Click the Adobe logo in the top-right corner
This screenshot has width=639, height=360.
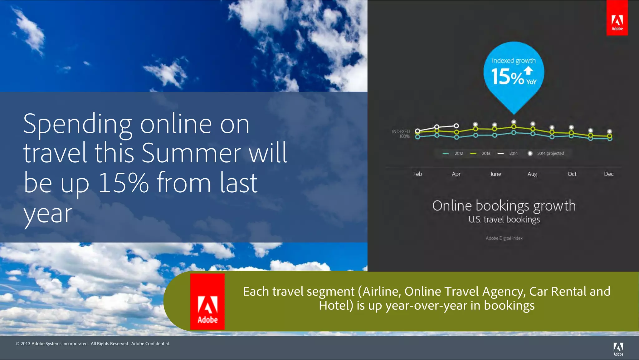(x=617, y=18)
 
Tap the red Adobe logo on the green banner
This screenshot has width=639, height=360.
(x=207, y=302)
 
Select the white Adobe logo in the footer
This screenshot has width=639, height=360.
(x=618, y=349)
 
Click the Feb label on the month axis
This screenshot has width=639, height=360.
(x=417, y=174)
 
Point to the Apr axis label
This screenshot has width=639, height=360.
(x=456, y=174)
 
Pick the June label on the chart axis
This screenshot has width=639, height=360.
(x=495, y=174)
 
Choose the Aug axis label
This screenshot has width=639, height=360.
(x=532, y=174)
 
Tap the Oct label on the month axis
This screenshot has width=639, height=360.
(x=572, y=174)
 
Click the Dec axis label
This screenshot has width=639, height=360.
(x=609, y=174)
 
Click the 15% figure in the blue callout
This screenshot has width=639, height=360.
(x=507, y=77)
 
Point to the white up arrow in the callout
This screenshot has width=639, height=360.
(x=528, y=71)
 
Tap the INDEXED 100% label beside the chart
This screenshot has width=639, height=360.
(x=401, y=134)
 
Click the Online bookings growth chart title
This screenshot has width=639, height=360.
(x=504, y=206)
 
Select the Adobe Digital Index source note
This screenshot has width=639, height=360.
(x=504, y=238)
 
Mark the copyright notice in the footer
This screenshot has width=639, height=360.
(x=93, y=343)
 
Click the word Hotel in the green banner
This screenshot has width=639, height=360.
(x=335, y=305)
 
